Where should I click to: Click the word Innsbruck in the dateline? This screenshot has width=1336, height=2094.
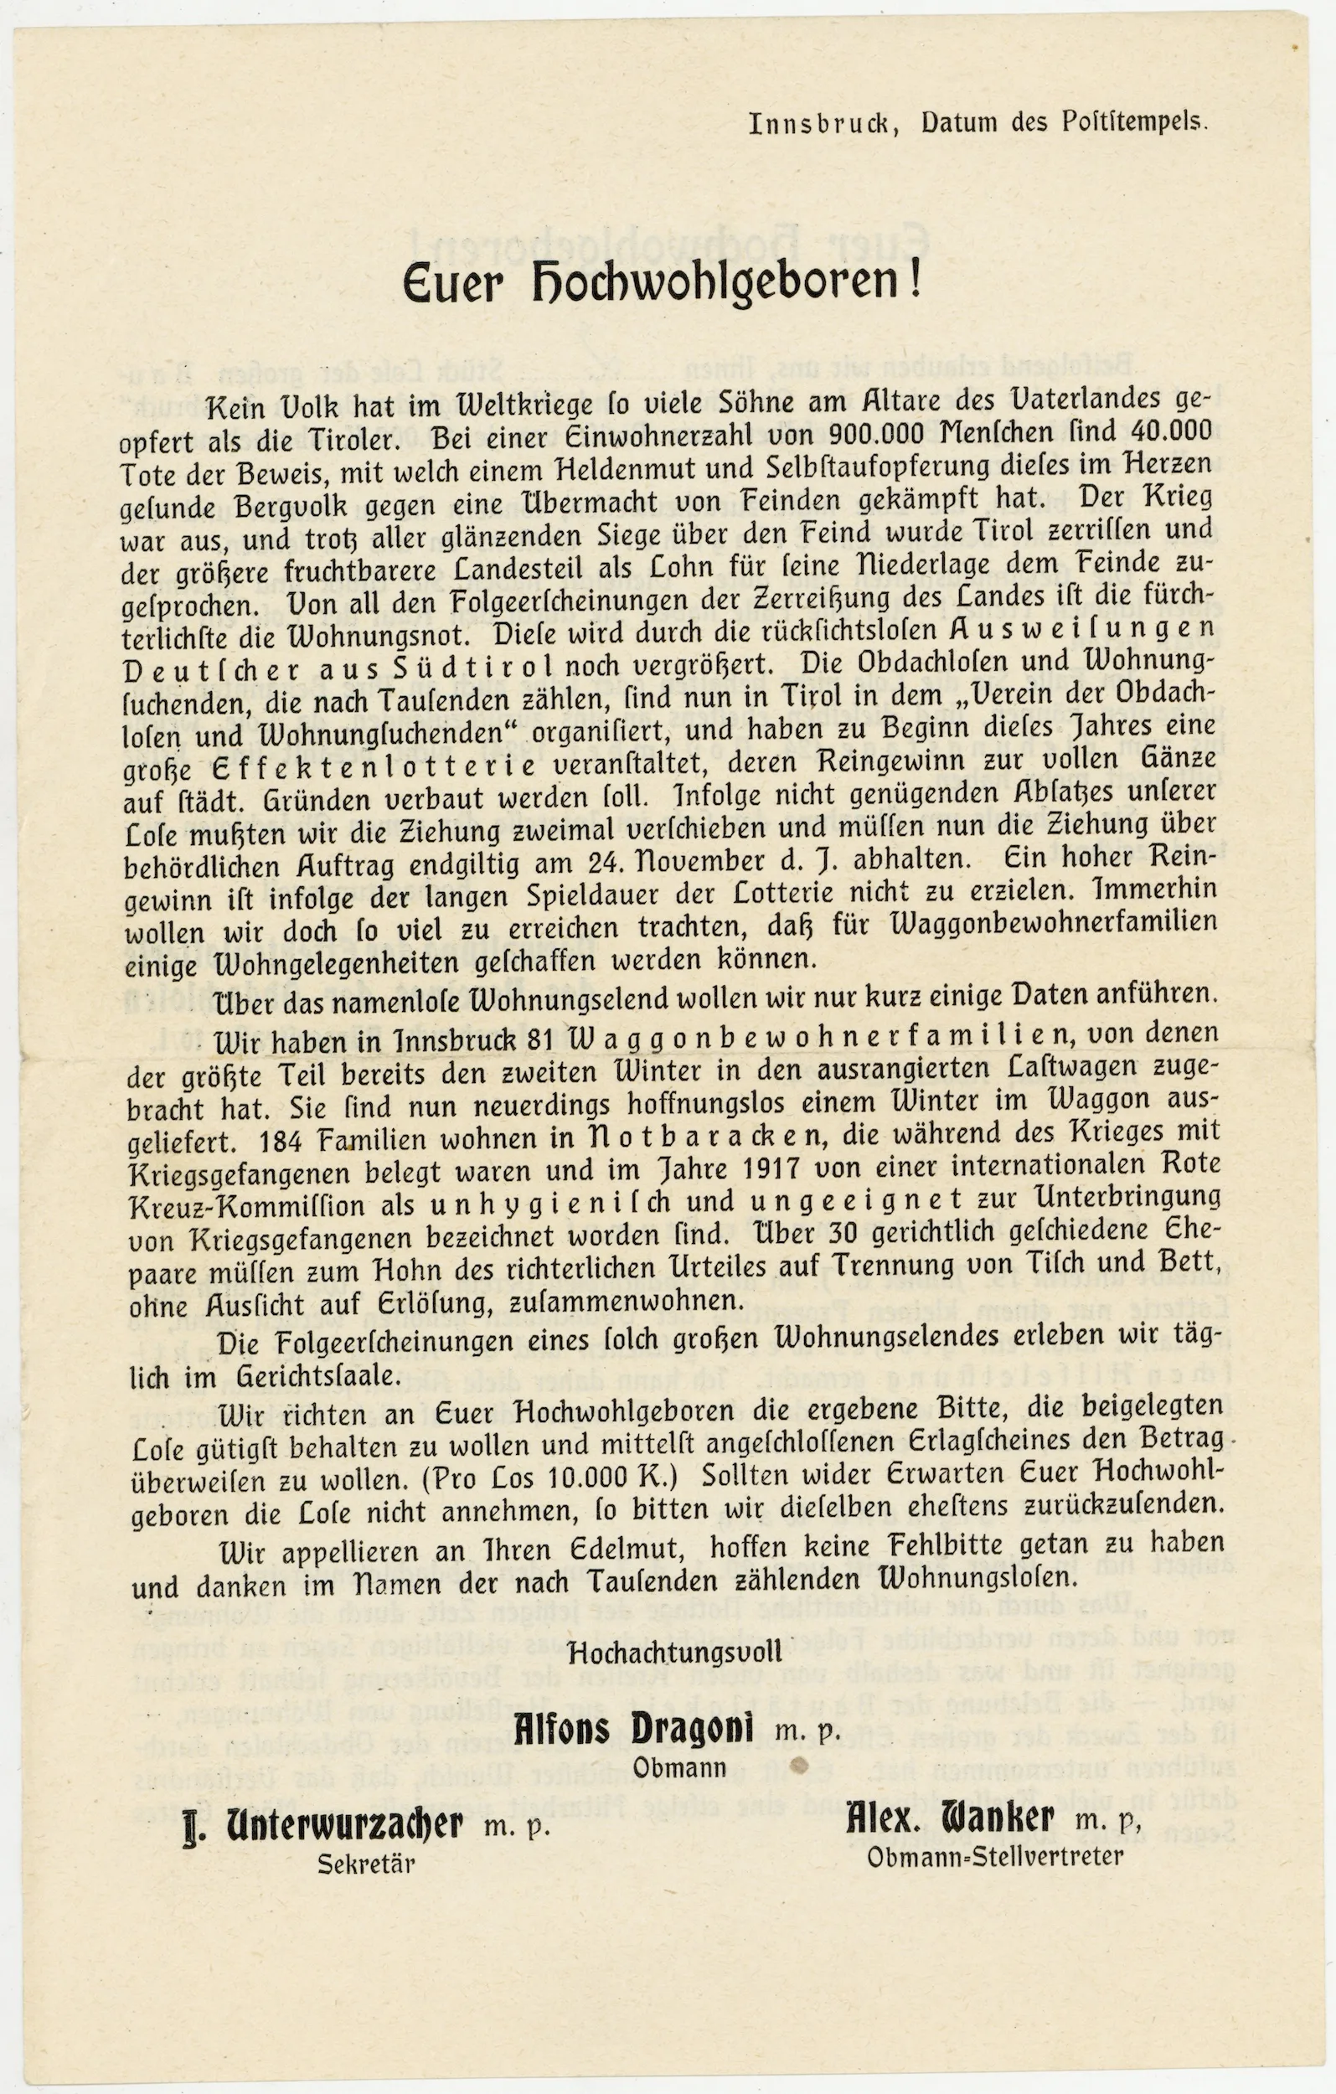822,124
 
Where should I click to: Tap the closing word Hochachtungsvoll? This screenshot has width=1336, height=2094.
675,1652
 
